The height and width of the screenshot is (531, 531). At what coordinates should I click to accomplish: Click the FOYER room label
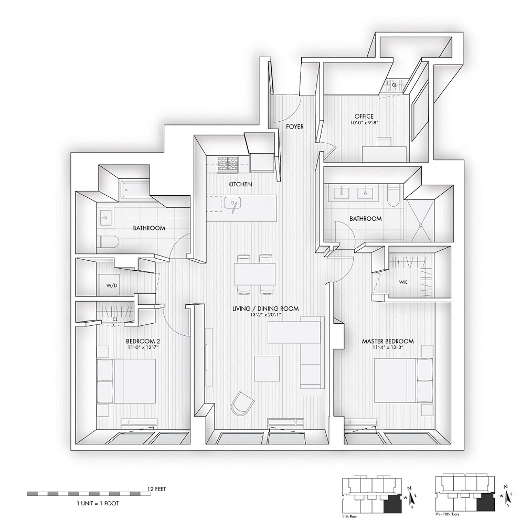point(294,127)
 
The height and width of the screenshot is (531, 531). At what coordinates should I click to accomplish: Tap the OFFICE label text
point(364,116)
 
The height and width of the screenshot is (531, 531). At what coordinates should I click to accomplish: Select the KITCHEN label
point(240,185)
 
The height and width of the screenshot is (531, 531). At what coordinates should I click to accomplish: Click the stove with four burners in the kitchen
point(228,164)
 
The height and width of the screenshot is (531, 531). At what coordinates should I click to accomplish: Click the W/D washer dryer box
point(112,286)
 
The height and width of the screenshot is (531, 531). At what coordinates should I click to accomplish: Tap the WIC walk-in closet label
point(403,282)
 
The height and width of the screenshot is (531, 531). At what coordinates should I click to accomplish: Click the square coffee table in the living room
point(267,368)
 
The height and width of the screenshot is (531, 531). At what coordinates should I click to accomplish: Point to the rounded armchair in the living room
point(242,403)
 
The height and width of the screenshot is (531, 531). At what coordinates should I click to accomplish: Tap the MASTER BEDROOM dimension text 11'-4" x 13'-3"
point(388,348)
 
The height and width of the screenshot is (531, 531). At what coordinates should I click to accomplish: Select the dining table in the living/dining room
point(254,273)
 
